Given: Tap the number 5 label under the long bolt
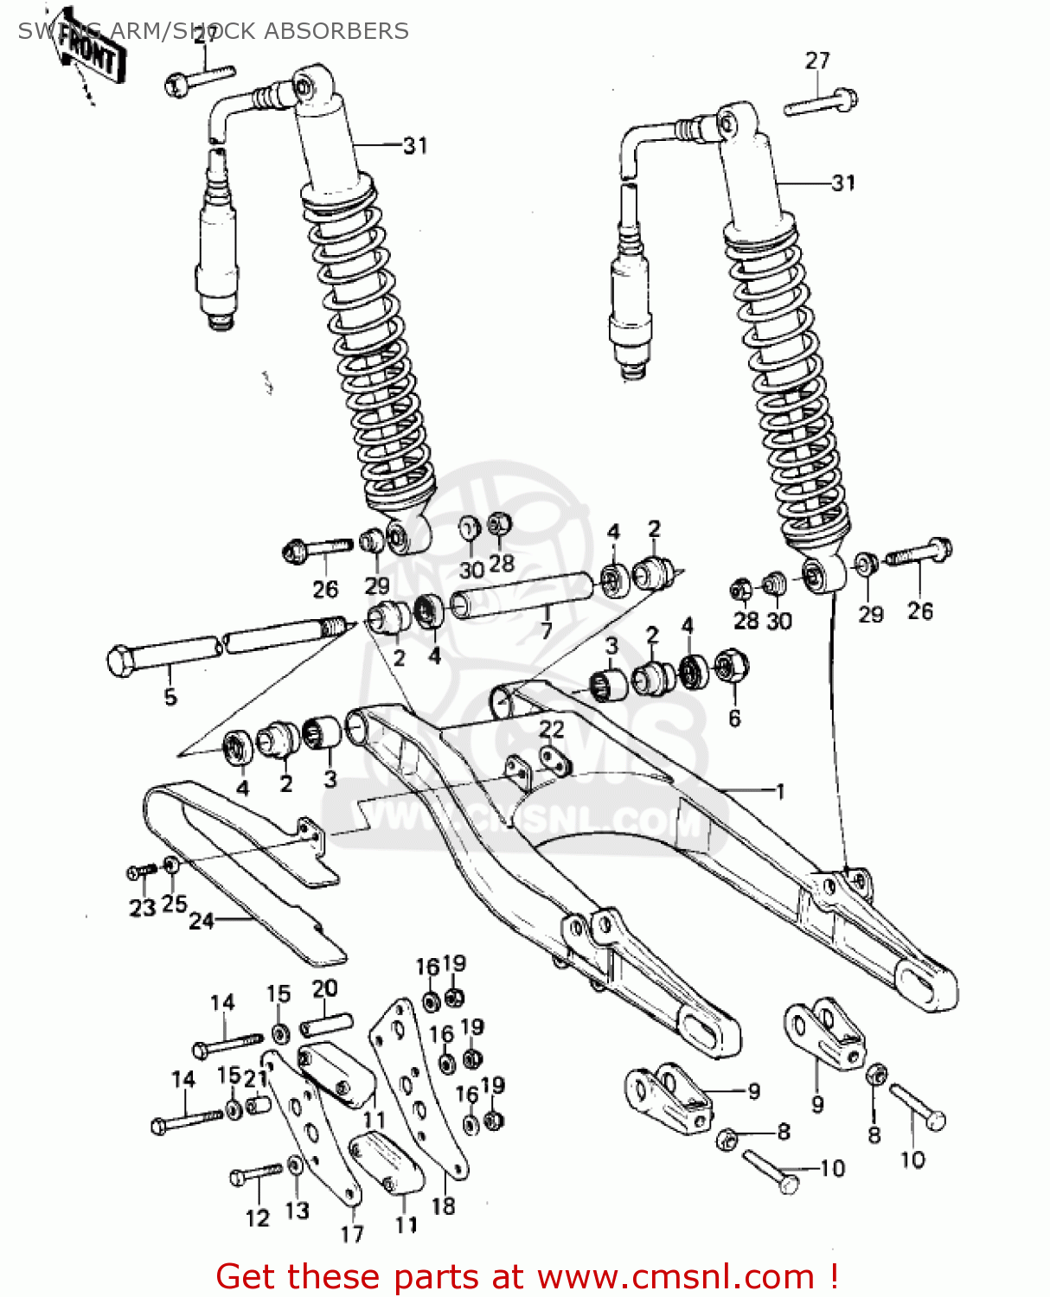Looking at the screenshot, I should click(170, 696).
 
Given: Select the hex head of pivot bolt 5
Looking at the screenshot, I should click(121, 661).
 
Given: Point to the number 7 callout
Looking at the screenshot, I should click(546, 630).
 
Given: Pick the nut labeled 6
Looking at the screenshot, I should click(732, 667).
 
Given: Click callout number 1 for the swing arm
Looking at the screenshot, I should click(779, 790).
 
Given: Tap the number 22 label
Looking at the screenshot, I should click(551, 729).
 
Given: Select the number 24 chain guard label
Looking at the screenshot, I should click(201, 921).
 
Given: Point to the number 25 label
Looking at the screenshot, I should click(174, 904).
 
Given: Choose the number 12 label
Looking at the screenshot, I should click(257, 1218).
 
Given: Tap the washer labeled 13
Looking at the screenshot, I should click(296, 1166).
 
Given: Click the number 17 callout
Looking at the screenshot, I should click(351, 1234).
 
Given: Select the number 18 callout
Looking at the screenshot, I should click(443, 1205).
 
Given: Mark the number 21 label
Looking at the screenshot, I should click(254, 1078).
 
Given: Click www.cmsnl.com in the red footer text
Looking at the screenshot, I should click(675, 1276).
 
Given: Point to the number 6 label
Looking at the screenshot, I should click(734, 717).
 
